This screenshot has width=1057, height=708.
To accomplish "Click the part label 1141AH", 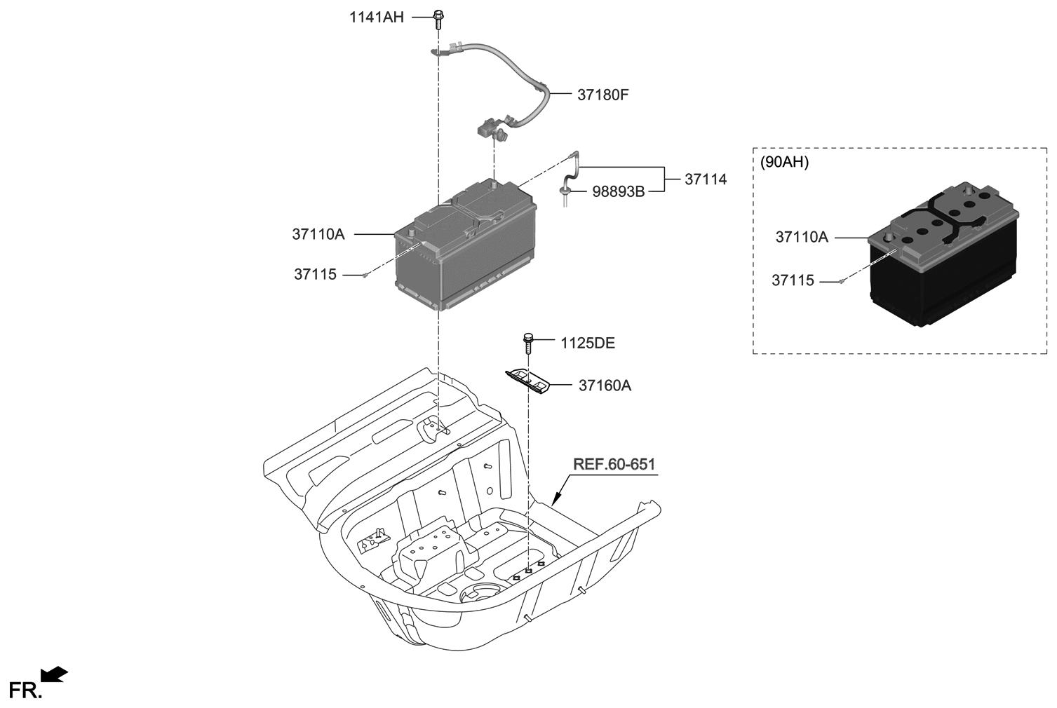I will (x=377, y=18).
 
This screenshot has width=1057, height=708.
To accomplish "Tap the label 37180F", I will (x=602, y=94).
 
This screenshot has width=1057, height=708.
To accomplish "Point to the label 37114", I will (x=706, y=179).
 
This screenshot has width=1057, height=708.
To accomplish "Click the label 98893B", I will (x=618, y=191).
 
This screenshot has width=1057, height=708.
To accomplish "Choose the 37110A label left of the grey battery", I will (x=318, y=234).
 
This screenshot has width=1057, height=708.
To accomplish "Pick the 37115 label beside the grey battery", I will (x=315, y=275).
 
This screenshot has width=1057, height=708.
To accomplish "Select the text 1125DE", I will (x=587, y=343).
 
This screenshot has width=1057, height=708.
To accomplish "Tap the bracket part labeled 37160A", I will (x=528, y=381).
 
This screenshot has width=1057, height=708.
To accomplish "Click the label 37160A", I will (x=605, y=386).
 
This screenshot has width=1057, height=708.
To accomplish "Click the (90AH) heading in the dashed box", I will (x=784, y=162).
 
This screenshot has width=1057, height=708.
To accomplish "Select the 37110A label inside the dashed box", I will (x=801, y=238).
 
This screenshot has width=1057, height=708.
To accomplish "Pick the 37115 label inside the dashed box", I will (x=793, y=280).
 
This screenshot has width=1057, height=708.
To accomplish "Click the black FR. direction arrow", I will (x=54, y=674).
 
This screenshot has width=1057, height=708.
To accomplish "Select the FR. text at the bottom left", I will (x=25, y=690).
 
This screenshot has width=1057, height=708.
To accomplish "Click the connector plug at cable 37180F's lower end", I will (x=490, y=130).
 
